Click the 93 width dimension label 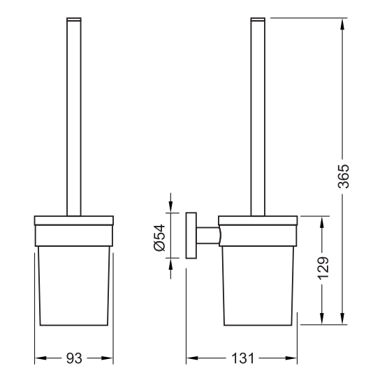click(74, 358)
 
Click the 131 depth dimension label click(242, 358)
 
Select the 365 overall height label click(344, 176)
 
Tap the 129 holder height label click(323, 268)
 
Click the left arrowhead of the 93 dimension click(41, 358)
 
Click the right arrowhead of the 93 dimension click(107, 358)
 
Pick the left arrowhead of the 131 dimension click(192, 358)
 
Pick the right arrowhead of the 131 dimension click(291, 358)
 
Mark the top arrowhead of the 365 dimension click(342, 24)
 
